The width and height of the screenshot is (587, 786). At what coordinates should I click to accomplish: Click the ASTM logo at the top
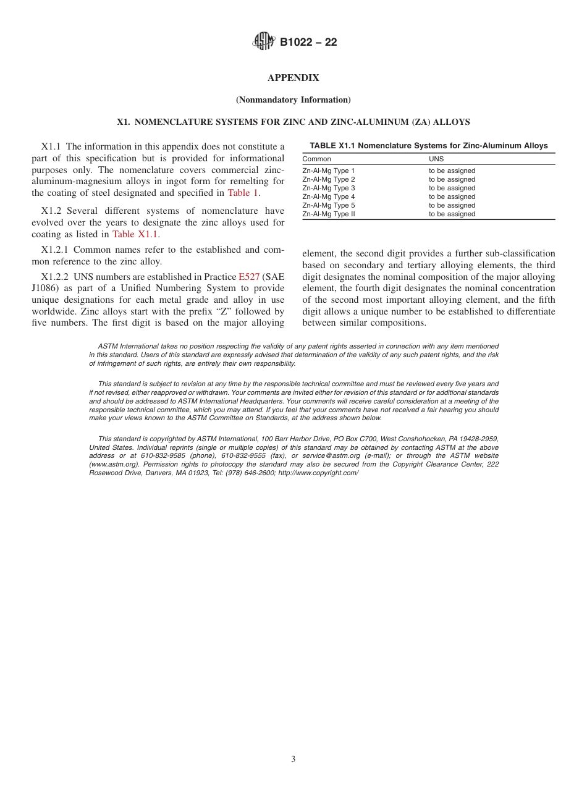pos(264,42)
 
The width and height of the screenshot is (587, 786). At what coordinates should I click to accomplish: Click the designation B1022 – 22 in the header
pos(308,43)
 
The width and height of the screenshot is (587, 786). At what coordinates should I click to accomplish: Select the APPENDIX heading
pos(293,78)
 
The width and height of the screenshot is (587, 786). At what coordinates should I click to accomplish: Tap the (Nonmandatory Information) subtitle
pos(293,99)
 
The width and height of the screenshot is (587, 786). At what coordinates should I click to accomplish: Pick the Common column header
pos(316,159)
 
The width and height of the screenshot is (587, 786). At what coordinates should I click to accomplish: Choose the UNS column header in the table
pos(436,159)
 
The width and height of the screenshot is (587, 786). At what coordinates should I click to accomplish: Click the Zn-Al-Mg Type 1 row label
pos(329,171)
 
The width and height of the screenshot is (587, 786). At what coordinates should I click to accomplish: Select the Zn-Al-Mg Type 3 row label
pos(329,188)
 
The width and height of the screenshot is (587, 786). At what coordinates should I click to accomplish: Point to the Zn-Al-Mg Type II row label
pos(329,214)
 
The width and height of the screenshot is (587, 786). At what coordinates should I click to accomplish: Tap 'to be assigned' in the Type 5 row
pos(452,205)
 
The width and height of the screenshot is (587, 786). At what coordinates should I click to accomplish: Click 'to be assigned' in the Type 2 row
pos(452,179)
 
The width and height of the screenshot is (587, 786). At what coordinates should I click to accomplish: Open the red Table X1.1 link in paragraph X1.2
pos(135,234)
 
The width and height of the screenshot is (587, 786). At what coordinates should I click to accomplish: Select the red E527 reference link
pos(249,277)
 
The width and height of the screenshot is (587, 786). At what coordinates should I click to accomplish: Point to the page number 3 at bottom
pos(293,759)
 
